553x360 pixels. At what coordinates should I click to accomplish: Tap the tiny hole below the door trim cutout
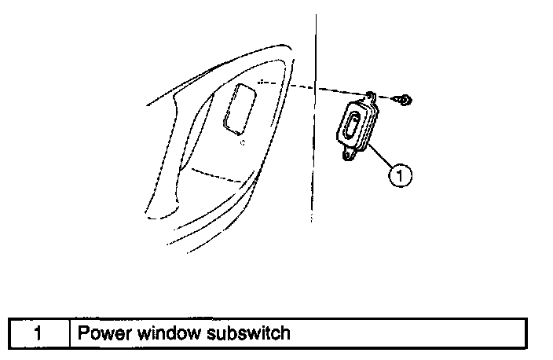pyautogui.click(x=243, y=141)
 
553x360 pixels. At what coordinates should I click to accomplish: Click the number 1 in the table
pyautogui.click(x=38, y=332)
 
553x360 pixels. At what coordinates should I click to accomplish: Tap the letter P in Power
pyautogui.click(x=82, y=332)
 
